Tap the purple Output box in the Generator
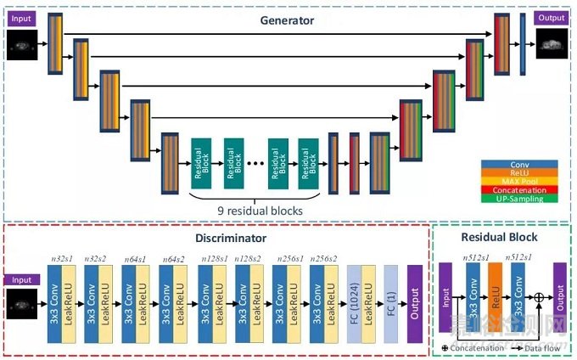[x=552, y=19]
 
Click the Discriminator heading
[x=217, y=239]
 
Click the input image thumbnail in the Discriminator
[x=21, y=301]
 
